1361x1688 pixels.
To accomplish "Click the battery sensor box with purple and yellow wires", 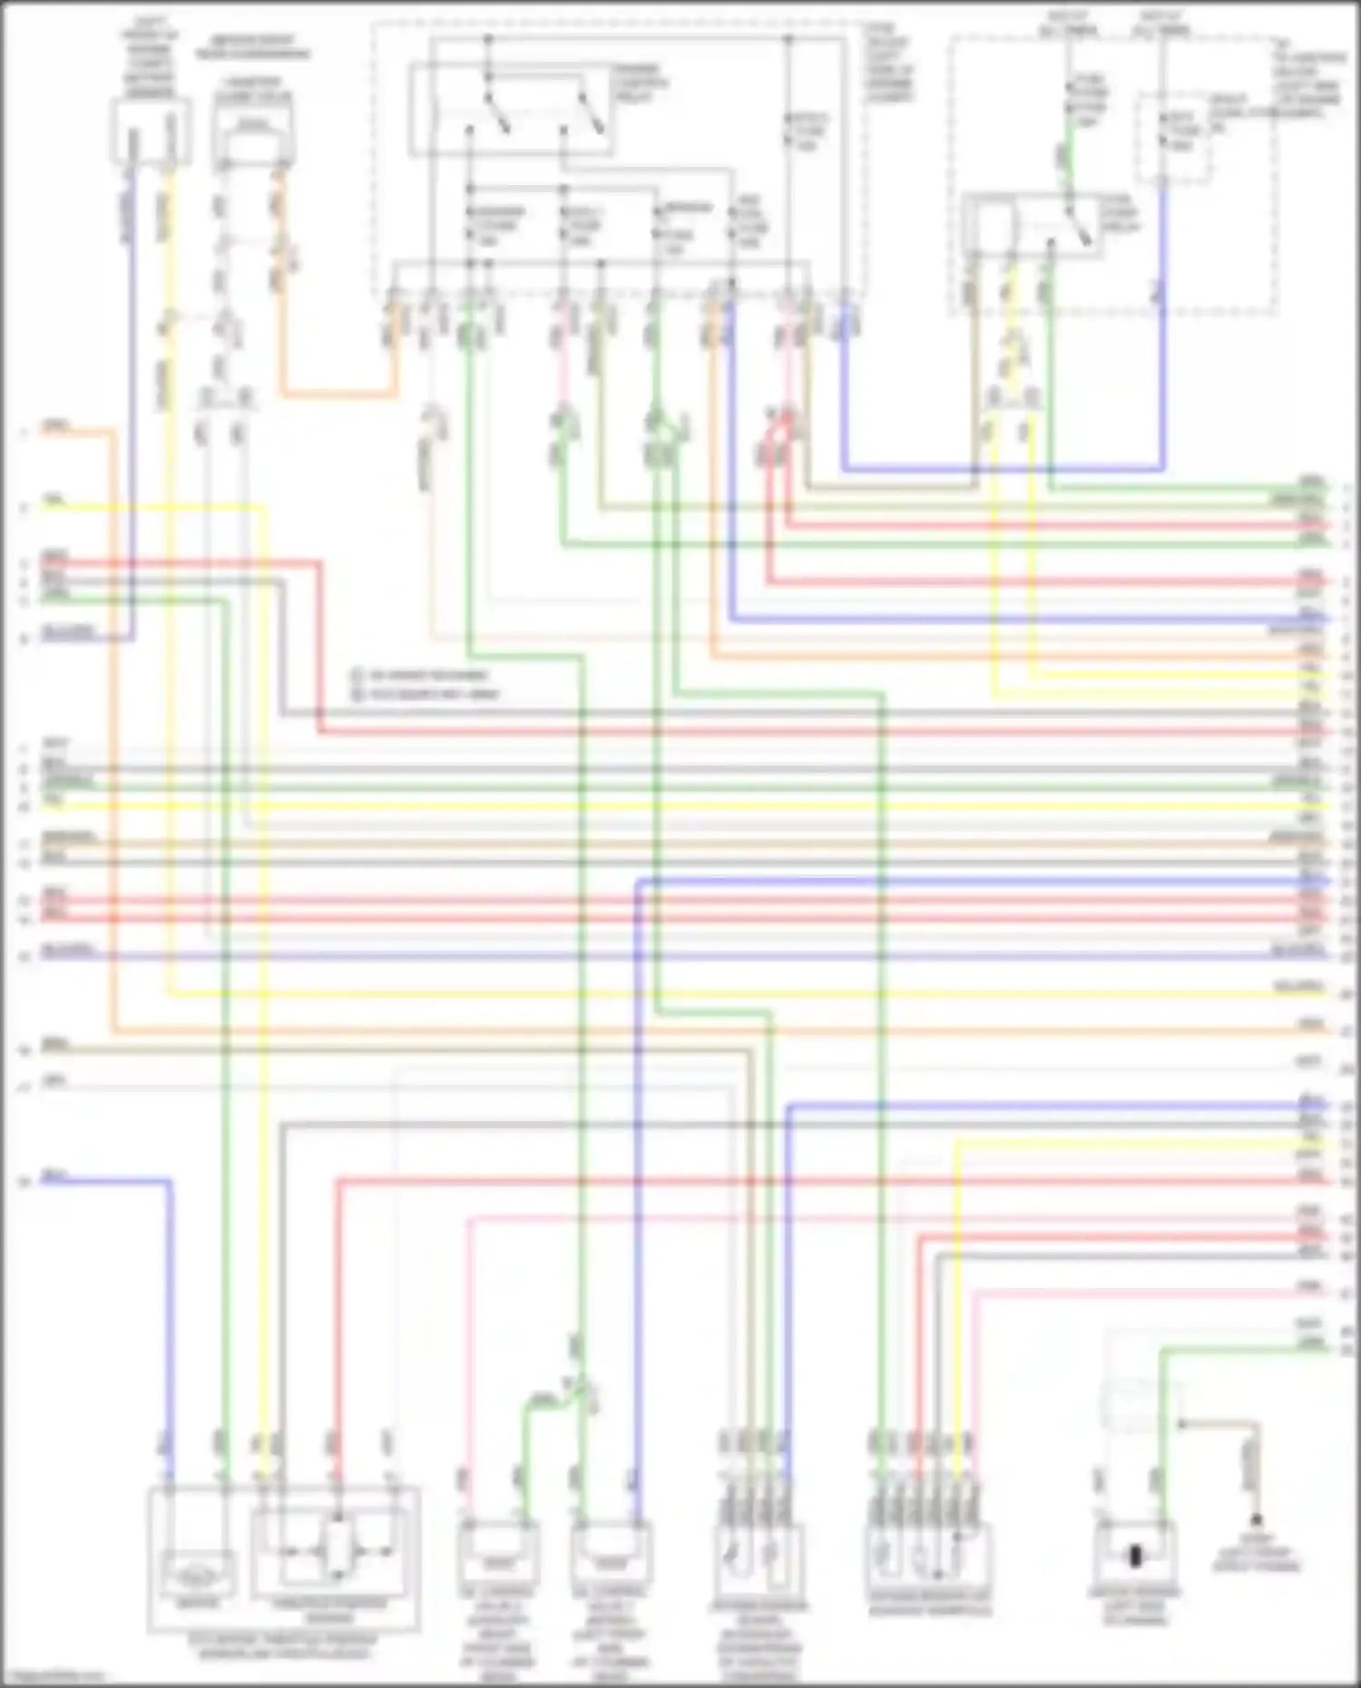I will (x=151, y=132).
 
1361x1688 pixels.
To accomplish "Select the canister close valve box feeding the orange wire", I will (x=253, y=136).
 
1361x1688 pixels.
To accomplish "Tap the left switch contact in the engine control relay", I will (x=494, y=109).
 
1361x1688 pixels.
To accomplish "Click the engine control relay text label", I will (x=641, y=83).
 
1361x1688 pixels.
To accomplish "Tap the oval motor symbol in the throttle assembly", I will (x=197, y=1577).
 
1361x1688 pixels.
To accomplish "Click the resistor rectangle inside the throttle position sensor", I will (x=338, y=1541).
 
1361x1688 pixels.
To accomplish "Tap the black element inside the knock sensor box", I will (x=1135, y=1556).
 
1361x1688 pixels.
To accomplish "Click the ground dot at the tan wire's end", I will (x=1257, y=1518).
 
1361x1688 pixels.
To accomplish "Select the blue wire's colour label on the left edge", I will (x=54, y=1176).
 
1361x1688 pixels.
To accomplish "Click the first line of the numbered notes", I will (x=423, y=675).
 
